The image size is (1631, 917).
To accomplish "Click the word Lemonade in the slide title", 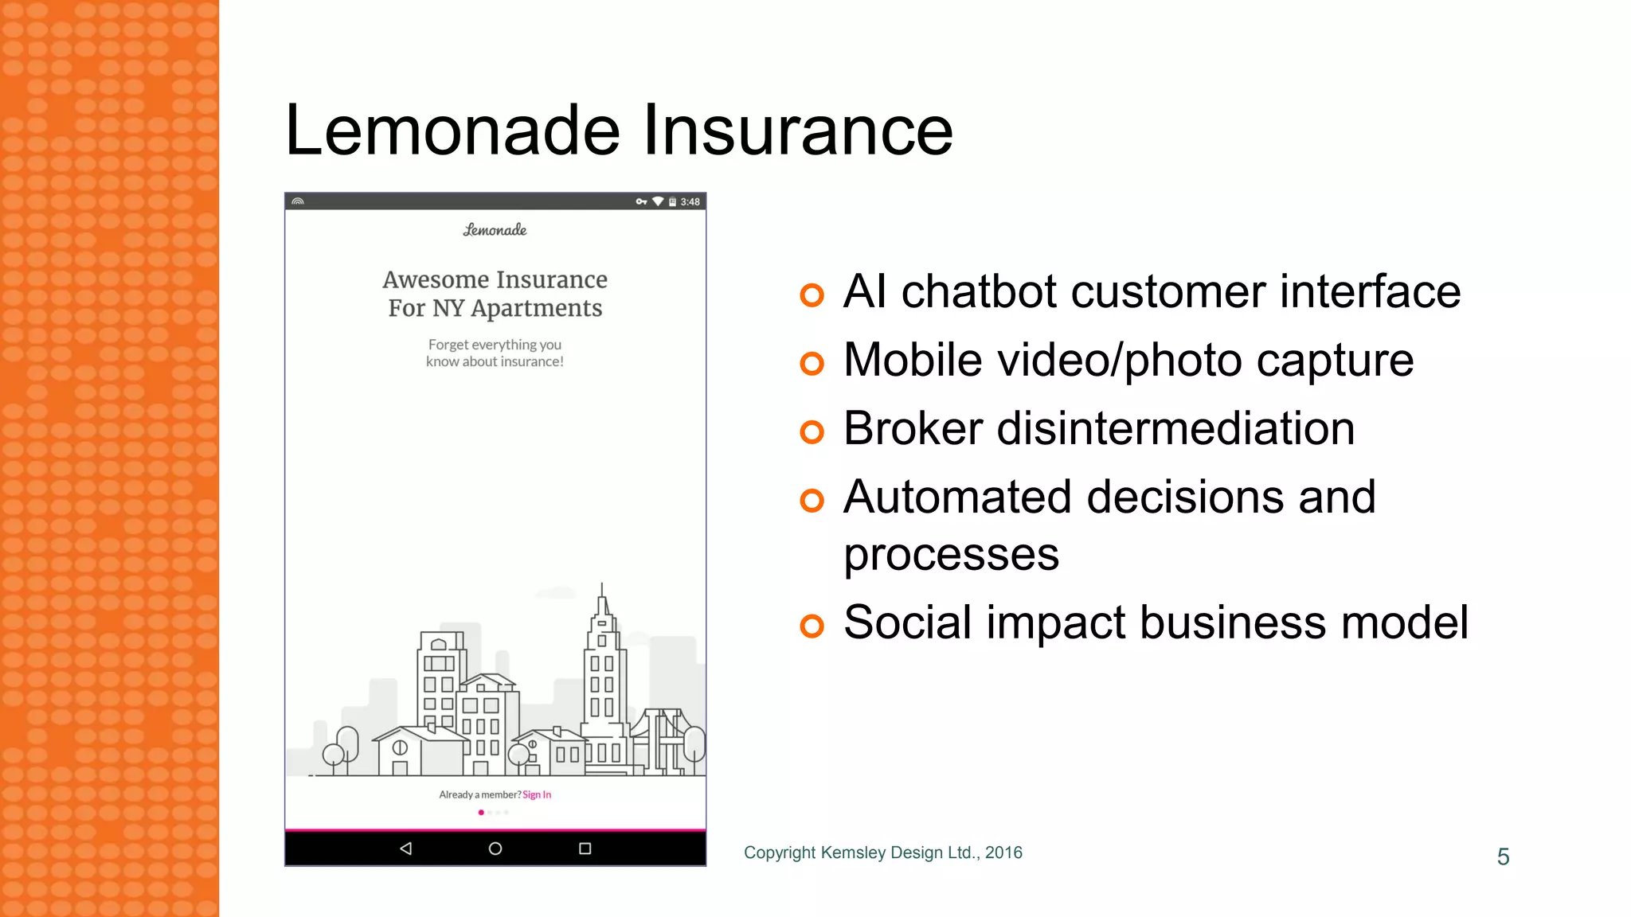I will point(452,130).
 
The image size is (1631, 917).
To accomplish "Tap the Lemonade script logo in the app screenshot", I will point(495,230).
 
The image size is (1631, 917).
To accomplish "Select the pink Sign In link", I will point(537,794).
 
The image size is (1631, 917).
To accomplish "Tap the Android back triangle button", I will point(406,849).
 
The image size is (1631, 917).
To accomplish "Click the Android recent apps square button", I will point(585,849).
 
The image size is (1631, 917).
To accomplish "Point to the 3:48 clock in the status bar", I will point(690,201).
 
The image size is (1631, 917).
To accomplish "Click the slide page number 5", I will point(1503,857).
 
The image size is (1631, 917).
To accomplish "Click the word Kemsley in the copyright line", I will point(853,853).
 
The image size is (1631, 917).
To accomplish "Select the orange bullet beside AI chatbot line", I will point(812,295).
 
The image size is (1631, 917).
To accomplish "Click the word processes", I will point(951,555).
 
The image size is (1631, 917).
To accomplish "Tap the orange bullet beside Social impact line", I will point(812,626).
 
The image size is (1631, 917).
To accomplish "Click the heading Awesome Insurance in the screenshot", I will point(495,280).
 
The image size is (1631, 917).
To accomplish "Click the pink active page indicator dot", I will point(481,813).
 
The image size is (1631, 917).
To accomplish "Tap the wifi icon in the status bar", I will point(658,201).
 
